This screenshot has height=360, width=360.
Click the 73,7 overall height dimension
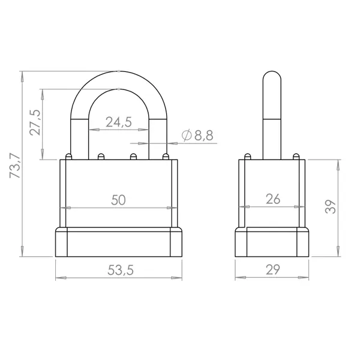(15, 166)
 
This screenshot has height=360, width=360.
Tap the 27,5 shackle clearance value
(35, 122)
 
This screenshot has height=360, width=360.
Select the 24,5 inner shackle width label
(119, 122)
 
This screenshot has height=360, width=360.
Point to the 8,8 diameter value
(204, 135)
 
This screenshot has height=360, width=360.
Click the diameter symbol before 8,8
(187, 135)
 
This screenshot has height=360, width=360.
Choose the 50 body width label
(118, 200)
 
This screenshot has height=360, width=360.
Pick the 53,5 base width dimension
(121, 270)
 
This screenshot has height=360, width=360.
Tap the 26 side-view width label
(273, 199)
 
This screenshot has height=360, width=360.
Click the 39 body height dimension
(331, 206)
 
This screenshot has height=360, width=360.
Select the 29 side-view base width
(273, 269)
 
